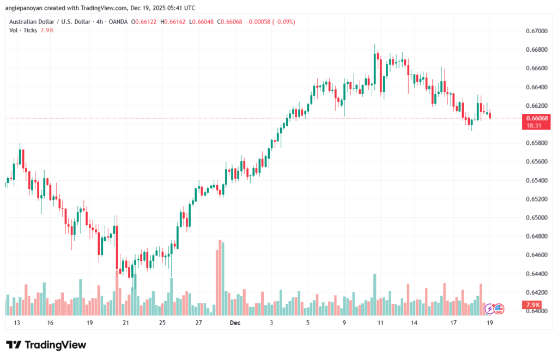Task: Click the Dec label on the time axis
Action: [235, 323]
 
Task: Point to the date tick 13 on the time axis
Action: [17, 323]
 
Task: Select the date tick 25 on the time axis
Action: [162, 323]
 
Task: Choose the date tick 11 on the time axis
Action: [380, 323]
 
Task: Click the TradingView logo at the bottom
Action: [46, 345]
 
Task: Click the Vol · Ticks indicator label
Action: [23, 30]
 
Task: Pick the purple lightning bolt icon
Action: [489, 309]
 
